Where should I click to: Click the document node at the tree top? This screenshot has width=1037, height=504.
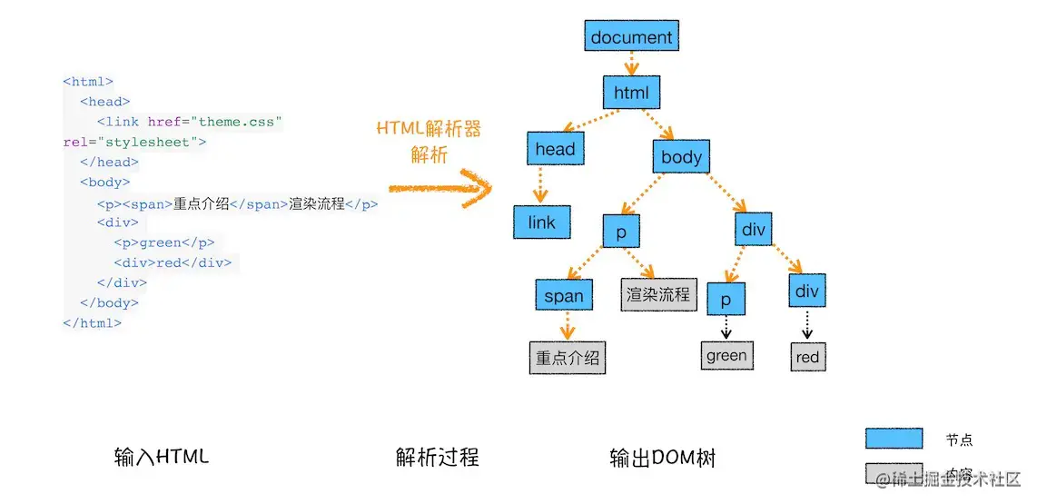coord(631,37)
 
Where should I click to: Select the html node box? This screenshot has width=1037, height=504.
coord(631,93)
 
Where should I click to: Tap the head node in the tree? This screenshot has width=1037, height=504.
coord(555,149)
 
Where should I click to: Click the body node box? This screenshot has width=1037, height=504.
coord(681,157)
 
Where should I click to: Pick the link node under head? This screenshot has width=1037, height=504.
coord(541,222)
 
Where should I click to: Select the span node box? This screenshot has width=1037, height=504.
coord(564,295)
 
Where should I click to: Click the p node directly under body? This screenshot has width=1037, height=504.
coord(621,232)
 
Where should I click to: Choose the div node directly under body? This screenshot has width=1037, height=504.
coord(754,230)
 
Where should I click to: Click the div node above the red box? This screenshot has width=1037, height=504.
coord(806,291)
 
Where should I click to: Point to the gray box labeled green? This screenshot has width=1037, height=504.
coord(726,356)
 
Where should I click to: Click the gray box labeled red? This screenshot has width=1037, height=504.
coord(807,357)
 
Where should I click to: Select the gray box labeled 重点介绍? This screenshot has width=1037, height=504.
coord(568,358)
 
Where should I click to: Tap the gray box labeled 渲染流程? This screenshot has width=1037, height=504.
coord(658,295)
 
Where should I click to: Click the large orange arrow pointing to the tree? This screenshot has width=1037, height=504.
coord(440,189)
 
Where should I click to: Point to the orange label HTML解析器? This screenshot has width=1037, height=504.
coord(429,128)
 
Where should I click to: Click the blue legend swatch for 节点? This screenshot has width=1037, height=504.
coord(894,440)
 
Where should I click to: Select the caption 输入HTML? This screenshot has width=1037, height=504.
coord(162,457)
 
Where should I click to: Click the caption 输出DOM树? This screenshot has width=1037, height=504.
coord(662,458)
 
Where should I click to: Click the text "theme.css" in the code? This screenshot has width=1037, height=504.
coord(241,122)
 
